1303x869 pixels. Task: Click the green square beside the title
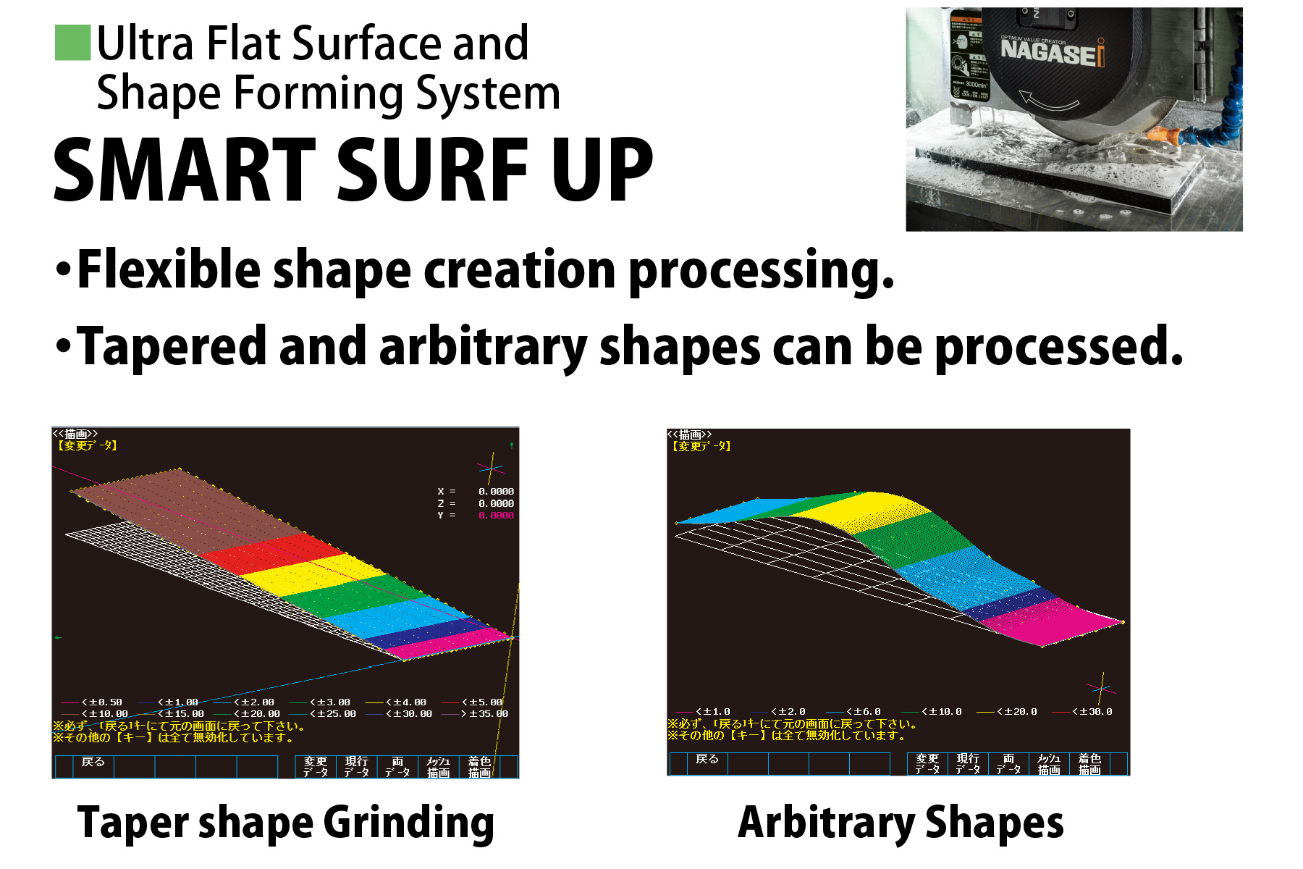(73, 43)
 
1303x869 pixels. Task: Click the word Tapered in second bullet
(171, 347)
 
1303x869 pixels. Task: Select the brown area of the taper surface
(181, 507)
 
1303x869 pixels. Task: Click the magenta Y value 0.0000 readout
(496, 516)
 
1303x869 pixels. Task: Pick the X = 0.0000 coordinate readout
(476, 492)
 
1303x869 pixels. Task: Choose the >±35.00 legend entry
(485, 714)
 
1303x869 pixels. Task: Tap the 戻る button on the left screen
(93, 763)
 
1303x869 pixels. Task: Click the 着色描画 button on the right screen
(1089, 764)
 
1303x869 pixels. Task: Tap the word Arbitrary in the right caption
(826, 823)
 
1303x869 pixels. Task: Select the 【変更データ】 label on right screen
(701, 447)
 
